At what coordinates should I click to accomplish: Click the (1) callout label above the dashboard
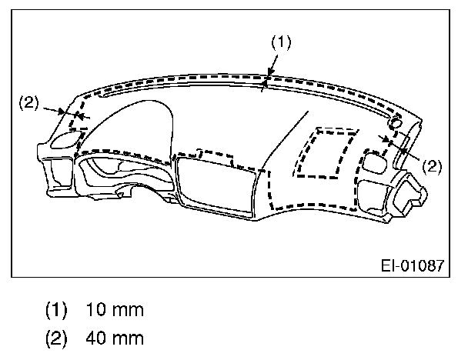coord(281,42)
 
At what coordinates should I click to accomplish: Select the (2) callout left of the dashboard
coord(29,102)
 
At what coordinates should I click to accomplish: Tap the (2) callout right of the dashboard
coord(432,166)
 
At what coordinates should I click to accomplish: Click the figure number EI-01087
coord(413,265)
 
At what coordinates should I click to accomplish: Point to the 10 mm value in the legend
coord(115,309)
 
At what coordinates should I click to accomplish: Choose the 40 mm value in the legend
coord(115,338)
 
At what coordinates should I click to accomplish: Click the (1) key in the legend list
coord(56,310)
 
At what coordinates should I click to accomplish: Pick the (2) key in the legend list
coord(56,338)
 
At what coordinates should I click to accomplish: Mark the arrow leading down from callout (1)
coord(273,65)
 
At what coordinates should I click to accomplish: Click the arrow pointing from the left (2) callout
coord(55,111)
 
